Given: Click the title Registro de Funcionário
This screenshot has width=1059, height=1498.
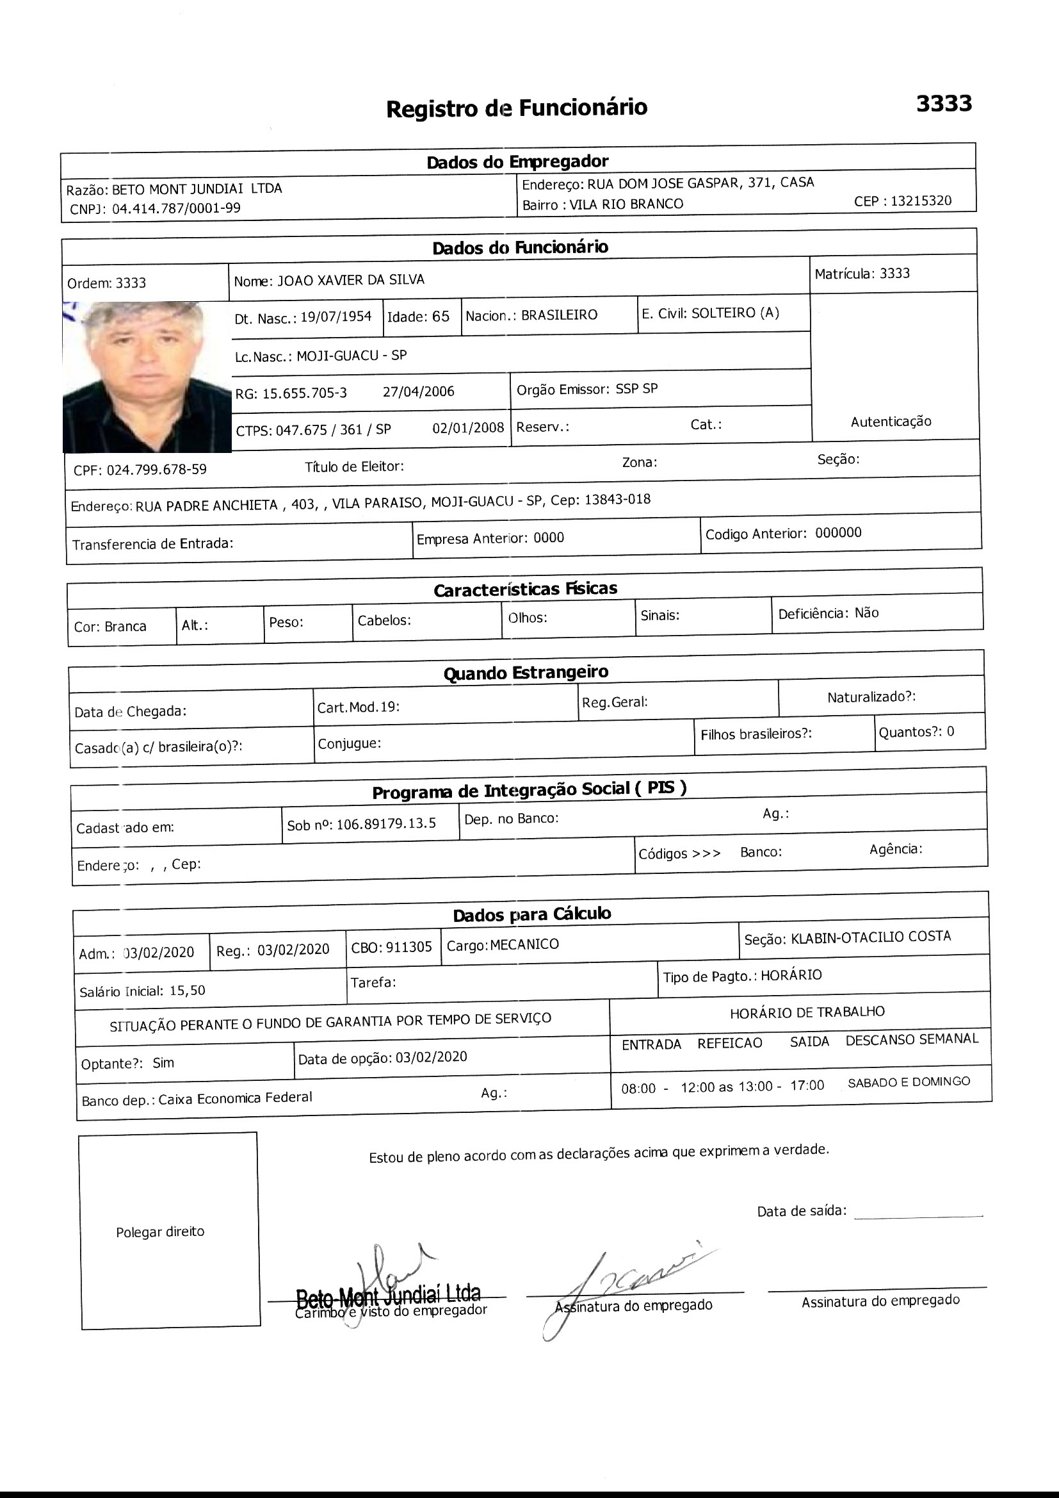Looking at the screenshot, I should [517, 108].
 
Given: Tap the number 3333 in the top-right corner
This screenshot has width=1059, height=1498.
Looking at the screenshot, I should [944, 103].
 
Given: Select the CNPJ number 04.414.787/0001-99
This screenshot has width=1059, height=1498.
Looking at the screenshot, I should [176, 208].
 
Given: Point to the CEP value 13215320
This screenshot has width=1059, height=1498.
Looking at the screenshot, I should [921, 201].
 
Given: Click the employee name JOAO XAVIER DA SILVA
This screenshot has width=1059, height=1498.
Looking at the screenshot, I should [351, 280].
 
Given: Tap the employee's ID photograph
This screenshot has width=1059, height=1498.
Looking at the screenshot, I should [147, 377].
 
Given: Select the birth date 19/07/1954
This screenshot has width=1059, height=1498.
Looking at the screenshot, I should [336, 317].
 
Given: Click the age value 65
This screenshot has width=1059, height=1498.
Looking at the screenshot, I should [441, 317].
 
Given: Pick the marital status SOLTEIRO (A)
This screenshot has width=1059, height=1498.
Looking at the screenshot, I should [735, 313].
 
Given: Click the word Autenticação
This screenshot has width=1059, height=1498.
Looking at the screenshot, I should [891, 422].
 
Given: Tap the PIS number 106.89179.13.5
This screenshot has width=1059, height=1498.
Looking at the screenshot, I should [386, 823].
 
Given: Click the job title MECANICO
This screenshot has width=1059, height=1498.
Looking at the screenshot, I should [524, 944].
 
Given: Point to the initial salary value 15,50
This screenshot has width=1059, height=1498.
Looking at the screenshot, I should [187, 991].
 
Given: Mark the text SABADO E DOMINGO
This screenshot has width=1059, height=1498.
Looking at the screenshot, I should [909, 1082].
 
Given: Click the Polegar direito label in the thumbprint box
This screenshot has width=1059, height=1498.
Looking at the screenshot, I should [161, 1232].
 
